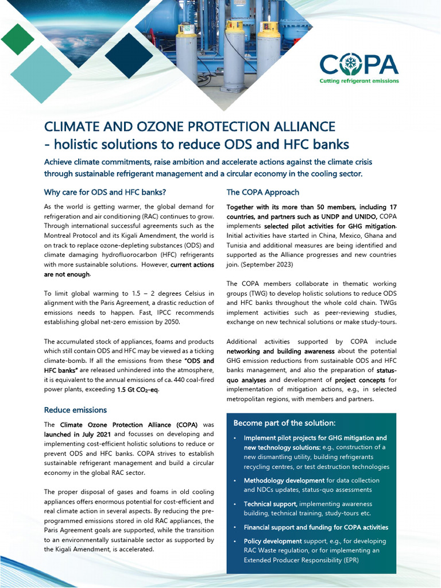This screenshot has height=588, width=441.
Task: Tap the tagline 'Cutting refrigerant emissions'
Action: pos(359,81)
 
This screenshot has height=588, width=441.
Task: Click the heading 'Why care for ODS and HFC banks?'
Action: pos(105,192)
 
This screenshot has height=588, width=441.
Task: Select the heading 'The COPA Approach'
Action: pos(262,192)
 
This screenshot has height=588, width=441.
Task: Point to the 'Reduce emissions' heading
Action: pos(75,410)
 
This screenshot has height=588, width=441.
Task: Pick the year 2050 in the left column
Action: pos(171,323)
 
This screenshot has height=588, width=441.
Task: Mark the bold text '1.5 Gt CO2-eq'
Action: pos(137,390)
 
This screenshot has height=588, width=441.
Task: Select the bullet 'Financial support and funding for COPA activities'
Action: pos(315,527)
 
